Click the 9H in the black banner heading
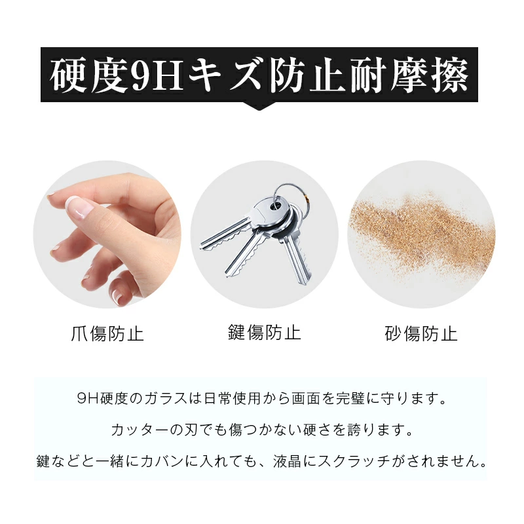(x=158, y=76)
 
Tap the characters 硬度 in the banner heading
(x=89, y=76)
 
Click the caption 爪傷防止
(x=107, y=334)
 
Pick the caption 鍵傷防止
(x=265, y=332)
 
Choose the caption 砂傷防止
(x=421, y=334)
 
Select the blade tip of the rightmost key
(x=303, y=281)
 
